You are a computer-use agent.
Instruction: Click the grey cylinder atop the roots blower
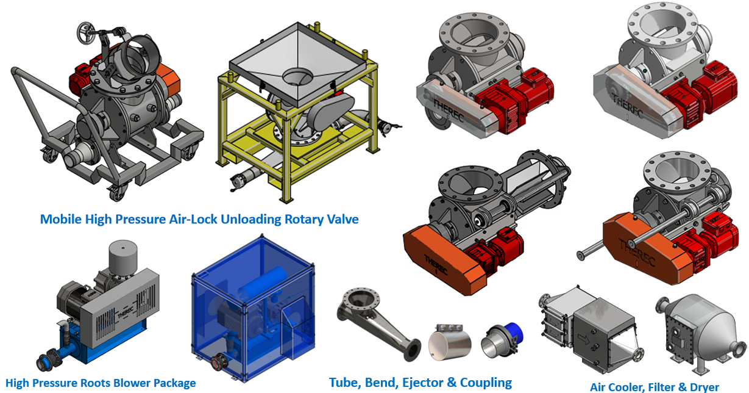(x=123, y=257)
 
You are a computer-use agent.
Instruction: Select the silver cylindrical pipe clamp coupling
(x=450, y=342)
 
